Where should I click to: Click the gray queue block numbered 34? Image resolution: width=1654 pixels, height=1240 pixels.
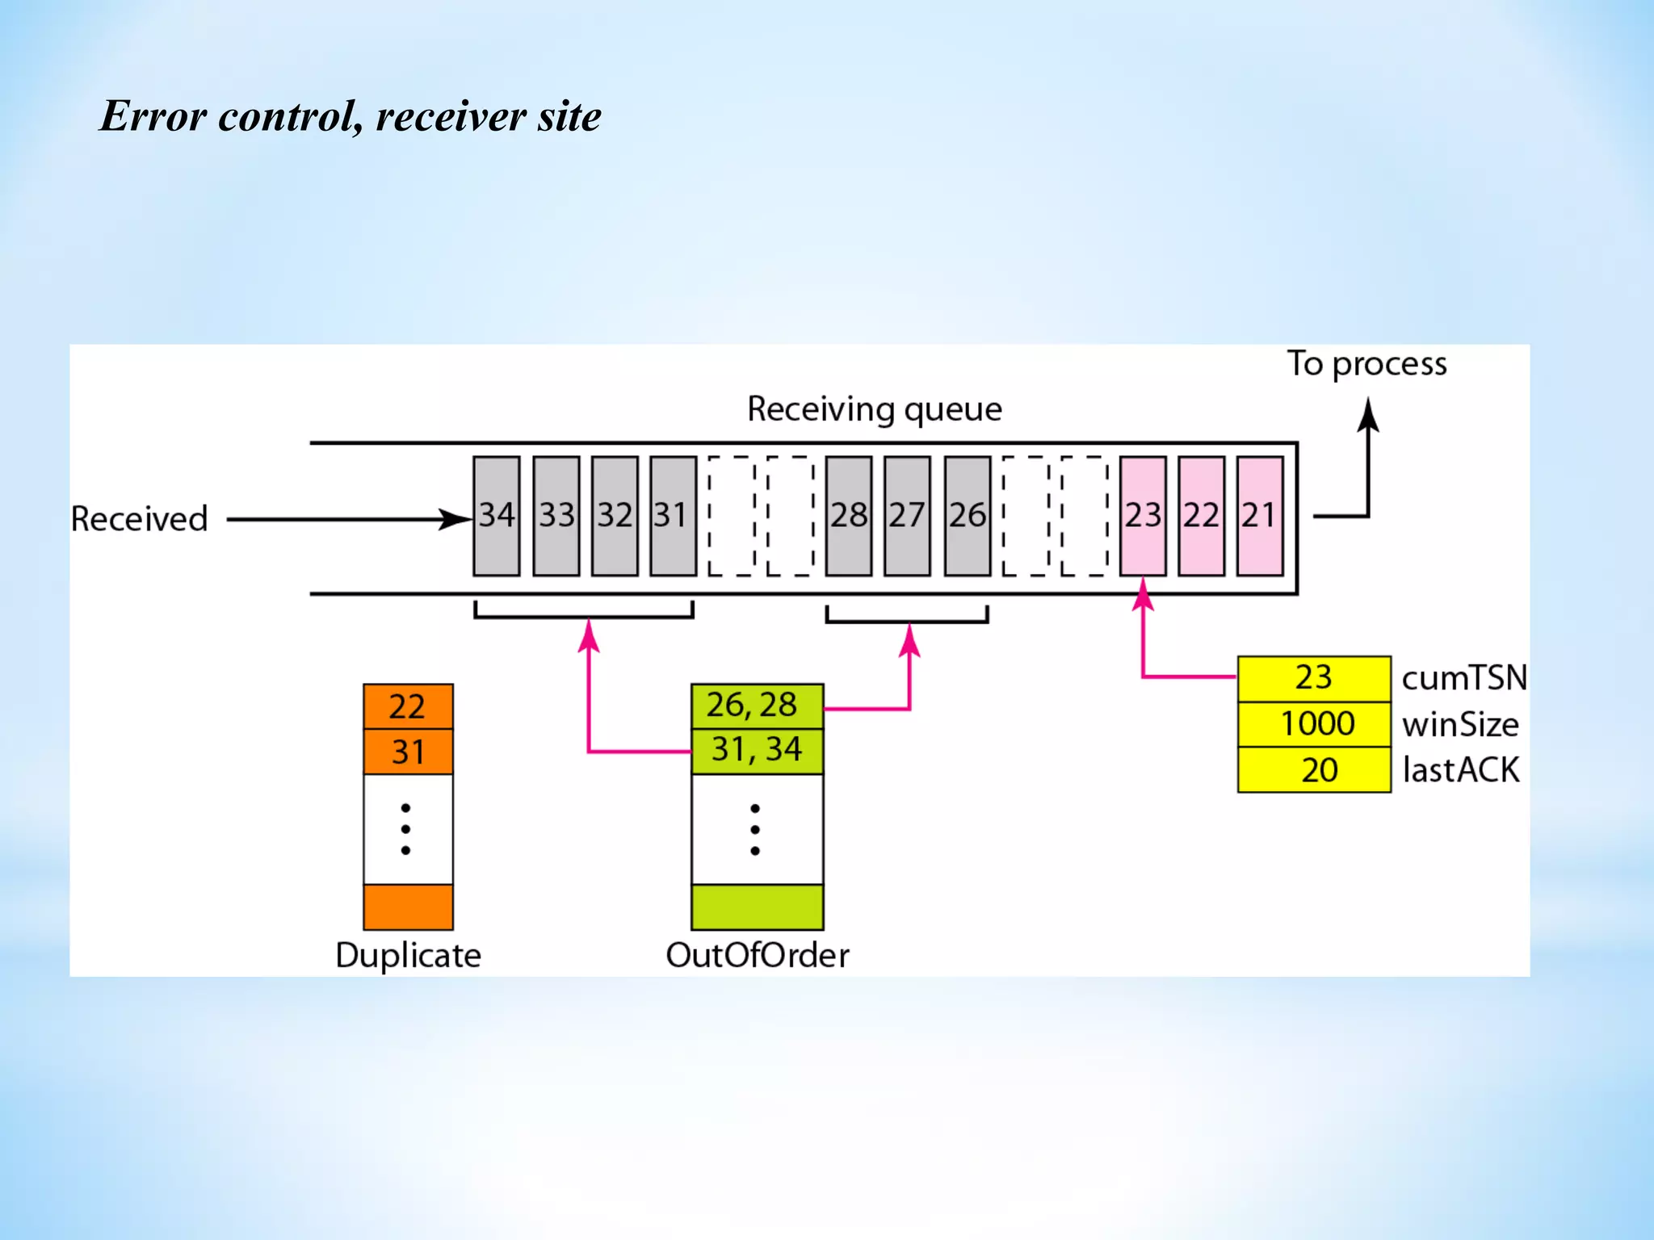pos(496,516)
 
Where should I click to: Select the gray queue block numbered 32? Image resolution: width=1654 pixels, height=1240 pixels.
pos(615,516)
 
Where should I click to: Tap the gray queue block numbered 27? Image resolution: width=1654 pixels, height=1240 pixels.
pos(907,516)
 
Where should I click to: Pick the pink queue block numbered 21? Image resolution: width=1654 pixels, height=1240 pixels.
pos(1259,516)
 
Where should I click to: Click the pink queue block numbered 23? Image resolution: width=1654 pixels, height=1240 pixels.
pos(1143,516)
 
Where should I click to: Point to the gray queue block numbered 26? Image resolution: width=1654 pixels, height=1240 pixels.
pos(967,516)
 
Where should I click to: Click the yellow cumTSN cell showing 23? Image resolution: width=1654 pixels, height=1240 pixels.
pos(1313,678)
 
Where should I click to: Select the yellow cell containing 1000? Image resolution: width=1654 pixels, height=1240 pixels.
pos(1313,724)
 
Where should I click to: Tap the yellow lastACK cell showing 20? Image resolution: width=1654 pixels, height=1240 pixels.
pos(1313,770)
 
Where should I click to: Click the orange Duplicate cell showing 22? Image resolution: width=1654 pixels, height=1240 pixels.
pos(408,707)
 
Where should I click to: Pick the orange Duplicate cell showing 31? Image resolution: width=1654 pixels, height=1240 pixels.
pos(408,752)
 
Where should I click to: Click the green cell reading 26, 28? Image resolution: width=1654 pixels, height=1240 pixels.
pos(757,706)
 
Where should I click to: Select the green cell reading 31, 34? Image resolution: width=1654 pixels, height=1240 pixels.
pos(757,751)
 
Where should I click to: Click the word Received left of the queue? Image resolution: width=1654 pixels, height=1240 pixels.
pos(139,519)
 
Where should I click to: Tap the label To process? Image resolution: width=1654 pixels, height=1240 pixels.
pos(1366,364)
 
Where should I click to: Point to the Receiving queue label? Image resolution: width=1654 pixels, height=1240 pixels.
pos(875,409)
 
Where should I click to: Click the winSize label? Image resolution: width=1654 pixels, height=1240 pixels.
pos(1460,725)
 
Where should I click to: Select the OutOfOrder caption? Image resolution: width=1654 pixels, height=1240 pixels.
pos(757,955)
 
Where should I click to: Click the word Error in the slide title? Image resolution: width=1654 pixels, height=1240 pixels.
pos(153,116)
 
